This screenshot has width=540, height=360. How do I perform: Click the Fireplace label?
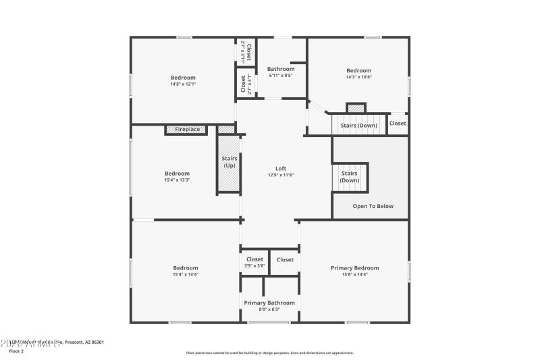tap(187, 129)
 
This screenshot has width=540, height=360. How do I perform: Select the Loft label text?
tap(280, 168)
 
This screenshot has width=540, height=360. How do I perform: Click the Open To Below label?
tap(373, 206)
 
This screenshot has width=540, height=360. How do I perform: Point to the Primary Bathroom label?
tap(269, 303)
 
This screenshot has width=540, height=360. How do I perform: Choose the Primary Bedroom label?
tap(354, 267)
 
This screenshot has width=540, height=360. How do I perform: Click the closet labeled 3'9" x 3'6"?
tap(254, 262)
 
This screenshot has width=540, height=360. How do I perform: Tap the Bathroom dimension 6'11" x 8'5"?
tap(280, 76)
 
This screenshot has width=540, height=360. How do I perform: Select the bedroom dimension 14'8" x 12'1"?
tap(183, 84)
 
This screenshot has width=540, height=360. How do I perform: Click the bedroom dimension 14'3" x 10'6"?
tap(358, 77)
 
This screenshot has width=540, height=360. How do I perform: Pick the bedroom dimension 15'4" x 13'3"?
tap(177, 180)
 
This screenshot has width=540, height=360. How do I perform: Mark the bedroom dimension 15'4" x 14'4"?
tap(185, 274)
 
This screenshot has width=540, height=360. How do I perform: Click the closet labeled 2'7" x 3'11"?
tap(246, 51)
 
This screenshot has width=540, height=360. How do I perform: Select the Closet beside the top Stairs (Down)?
tap(398, 124)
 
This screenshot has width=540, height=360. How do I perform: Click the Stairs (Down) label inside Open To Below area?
tap(350, 177)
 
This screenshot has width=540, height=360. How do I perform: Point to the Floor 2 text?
tap(16, 351)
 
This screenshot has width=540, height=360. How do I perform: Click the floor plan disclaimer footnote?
tap(269, 353)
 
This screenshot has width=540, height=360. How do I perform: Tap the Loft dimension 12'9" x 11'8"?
tap(280, 175)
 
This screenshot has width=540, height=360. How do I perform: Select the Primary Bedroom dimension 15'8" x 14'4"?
tap(354, 274)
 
